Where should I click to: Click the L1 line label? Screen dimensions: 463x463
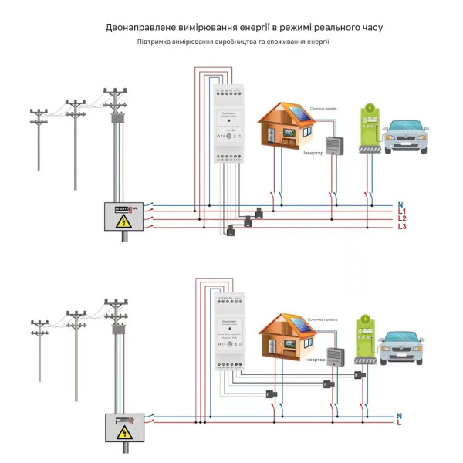402,211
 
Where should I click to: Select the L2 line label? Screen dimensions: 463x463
402,219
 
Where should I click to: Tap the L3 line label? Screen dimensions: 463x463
402,227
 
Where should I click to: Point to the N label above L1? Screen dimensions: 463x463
400,204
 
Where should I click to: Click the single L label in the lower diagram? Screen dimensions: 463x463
400,424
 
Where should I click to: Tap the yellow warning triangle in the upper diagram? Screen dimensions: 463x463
123,221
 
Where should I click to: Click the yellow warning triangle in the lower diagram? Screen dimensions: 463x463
123,433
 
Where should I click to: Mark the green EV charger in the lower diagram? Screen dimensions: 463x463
364,340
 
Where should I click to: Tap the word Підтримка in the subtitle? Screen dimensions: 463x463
155,42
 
